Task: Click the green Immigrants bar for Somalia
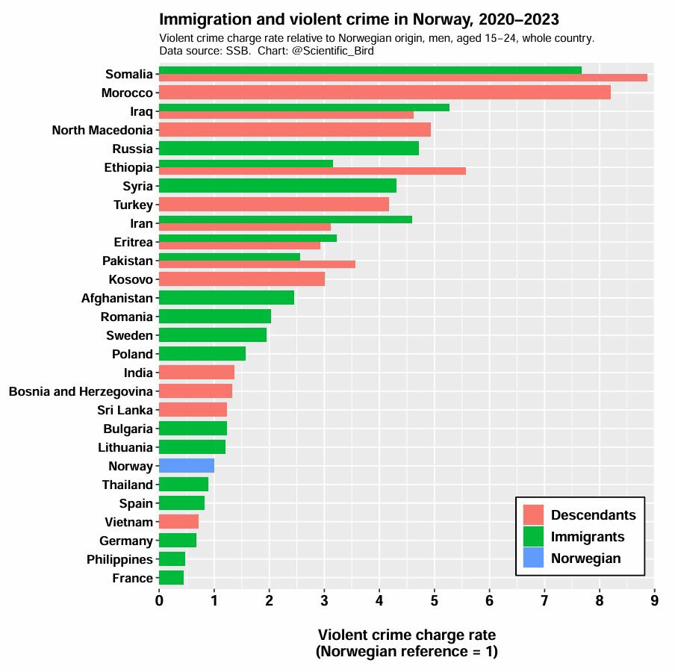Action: click(x=370, y=70)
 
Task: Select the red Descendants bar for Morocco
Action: click(x=385, y=93)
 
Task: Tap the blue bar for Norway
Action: click(x=187, y=466)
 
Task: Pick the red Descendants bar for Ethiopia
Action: click(x=312, y=171)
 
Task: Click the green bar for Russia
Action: click(x=288, y=149)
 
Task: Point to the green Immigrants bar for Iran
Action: click(x=285, y=220)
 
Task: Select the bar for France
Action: click(x=171, y=578)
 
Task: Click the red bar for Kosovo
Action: click(x=241, y=279)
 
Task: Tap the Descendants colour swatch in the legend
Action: click(x=533, y=515)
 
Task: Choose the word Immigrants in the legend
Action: click(x=587, y=536)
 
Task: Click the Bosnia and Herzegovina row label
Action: click(x=81, y=391)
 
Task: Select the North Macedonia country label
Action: click(x=102, y=130)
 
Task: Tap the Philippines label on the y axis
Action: click(x=119, y=559)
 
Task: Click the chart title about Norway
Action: click(x=359, y=19)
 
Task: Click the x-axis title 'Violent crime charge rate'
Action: click(x=407, y=635)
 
